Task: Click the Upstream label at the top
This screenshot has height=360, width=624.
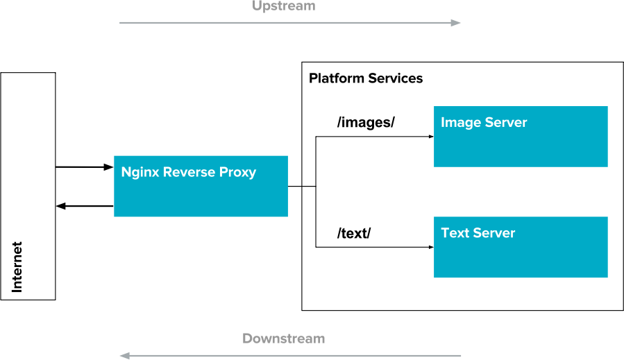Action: pyautogui.click(x=283, y=6)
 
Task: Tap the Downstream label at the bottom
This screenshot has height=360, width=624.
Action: pyautogui.click(x=283, y=339)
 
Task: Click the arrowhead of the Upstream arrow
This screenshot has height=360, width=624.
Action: pyautogui.click(x=456, y=23)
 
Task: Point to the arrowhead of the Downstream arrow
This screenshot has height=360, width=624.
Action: pyautogui.click(x=125, y=356)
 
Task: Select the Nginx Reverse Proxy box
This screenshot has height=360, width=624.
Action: pyautogui.click(x=201, y=186)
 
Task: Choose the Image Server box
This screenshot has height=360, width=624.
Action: pyautogui.click(x=521, y=137)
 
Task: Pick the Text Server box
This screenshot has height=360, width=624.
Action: pyautogui.click(x=521, y=247)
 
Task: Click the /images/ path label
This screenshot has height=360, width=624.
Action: pyautogui.click(x=366, y=123)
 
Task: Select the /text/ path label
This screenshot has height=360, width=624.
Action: pyautogui.click(x=354, y=233)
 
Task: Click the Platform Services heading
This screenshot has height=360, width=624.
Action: pyautogui.click(x=366, y=78)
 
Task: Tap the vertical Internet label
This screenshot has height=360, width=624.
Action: pyautogui.click(x=17, y=267)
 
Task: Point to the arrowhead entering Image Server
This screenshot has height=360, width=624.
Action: pyautogui.click(x=430, y=137)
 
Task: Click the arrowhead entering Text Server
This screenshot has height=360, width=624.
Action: pyautogui.click(x=430, y=247)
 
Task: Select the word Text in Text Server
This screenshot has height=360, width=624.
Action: pyautogui.click(x=455, y=233)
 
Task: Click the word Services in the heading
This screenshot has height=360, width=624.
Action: pyautogui.click(x=395, y=78)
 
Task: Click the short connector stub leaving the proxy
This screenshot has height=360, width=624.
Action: pyautogui.click(x=308, y=187)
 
